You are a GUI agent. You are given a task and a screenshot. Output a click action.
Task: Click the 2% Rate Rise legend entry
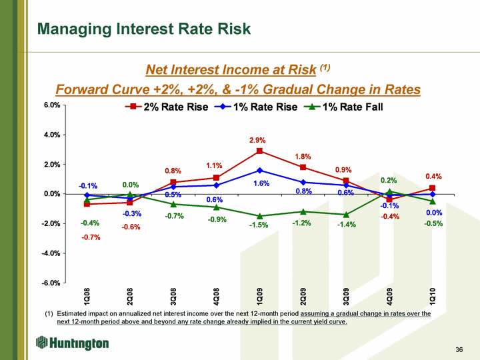click(166, 107)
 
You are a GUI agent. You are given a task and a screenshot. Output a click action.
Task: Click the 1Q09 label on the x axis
click(259, 297)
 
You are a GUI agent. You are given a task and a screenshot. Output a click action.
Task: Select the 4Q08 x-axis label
click(216, 297)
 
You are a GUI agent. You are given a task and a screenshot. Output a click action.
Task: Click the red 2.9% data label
click(257, 141)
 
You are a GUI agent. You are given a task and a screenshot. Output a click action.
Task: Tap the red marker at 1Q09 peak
click(259, 151)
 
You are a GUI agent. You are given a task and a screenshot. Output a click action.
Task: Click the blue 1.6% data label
click(261, 183)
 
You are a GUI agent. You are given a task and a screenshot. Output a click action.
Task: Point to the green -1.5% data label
click(259, 225)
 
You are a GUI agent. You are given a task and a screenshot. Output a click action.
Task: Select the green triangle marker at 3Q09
click(346, 215)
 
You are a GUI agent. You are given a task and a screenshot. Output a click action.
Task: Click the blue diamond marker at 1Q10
click(433, 194)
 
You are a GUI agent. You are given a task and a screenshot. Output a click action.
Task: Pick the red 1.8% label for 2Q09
click(303, 157)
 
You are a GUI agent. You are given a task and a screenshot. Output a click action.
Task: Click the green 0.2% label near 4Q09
click(389, 180)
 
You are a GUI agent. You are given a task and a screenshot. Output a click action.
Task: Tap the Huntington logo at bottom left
click(72, 343)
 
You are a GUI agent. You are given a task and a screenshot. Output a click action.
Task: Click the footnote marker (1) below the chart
click(49, 313)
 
